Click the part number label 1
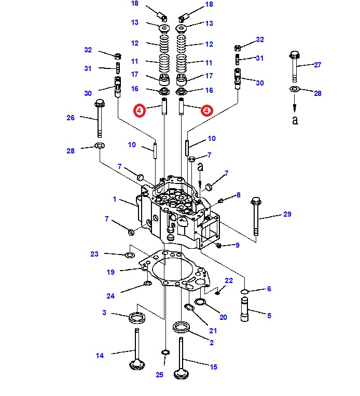point(115,199)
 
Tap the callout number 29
point(287,214)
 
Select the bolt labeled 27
point(295,66)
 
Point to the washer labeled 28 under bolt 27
point(295,89)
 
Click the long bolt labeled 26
point(100,118)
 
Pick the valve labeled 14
point(137,349)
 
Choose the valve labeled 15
point(181,358)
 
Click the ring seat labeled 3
point(137,318)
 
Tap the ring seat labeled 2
point(181,327)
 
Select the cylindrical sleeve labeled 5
point(244,309)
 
